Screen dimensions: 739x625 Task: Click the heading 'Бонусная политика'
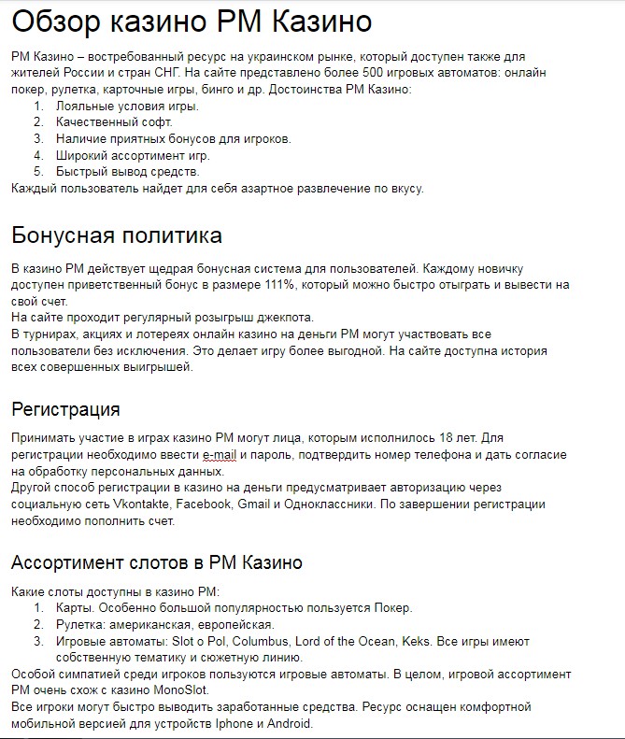[117, 234]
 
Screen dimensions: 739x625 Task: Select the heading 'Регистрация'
[65, 409]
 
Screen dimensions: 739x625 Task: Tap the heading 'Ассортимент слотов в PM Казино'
[156, 562]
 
